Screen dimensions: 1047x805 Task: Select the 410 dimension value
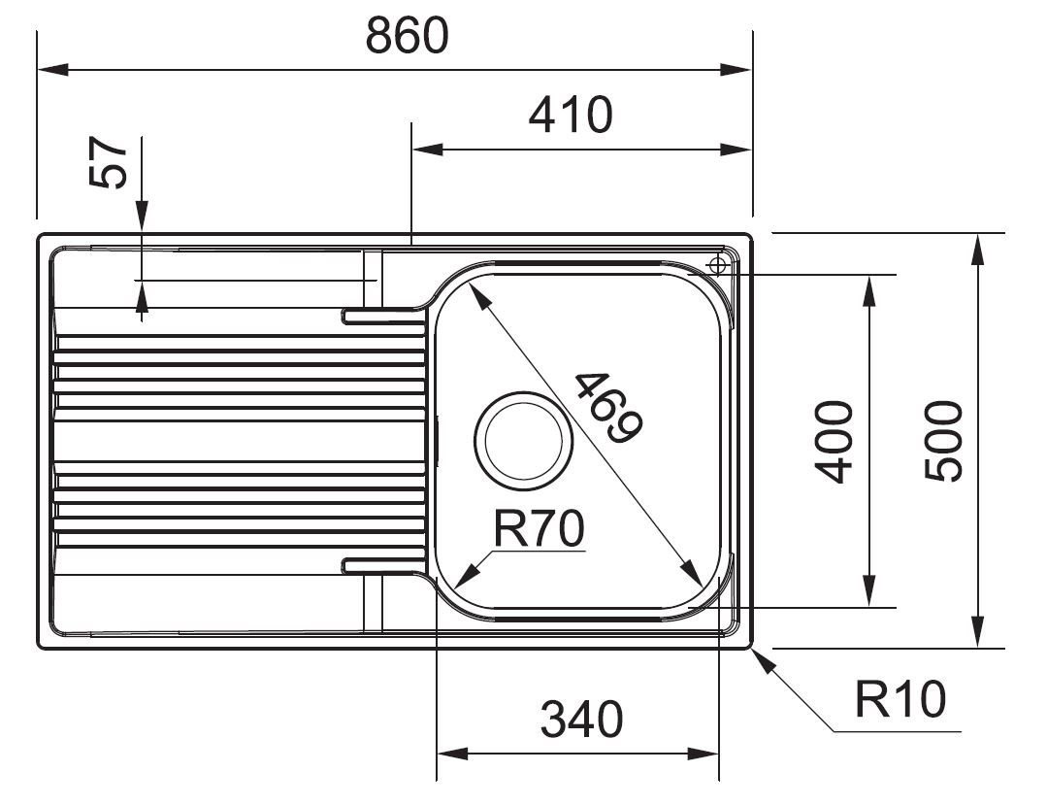coord(571,115)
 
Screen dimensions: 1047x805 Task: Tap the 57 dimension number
coord(108,162)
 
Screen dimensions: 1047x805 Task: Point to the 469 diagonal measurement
coord(608,408)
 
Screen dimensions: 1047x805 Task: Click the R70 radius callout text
coord(539,528)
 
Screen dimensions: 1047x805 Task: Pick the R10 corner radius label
coord(900,699)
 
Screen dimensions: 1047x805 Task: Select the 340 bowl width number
coord(581,720)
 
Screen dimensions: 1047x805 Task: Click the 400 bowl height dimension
coord(834,442)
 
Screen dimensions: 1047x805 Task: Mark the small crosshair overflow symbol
coord(717,266)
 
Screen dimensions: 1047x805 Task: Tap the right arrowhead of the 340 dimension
coord(703,755)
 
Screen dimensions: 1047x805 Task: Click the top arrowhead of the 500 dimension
coord(977,250)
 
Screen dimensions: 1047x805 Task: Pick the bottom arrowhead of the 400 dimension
coord(868,591)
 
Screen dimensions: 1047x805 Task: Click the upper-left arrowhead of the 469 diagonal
coord(480,294)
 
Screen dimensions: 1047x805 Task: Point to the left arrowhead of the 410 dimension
coord(427,150)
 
